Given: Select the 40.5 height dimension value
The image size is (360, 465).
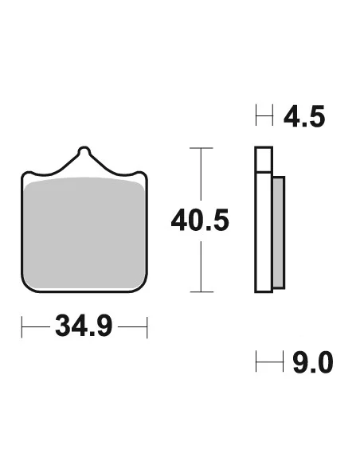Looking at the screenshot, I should coord(200,219).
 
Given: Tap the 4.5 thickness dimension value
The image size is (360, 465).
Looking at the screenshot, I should coord(304,118).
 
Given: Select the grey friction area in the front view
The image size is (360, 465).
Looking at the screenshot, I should coord(85,235).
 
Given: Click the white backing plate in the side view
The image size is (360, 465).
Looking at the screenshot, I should coord(264,223).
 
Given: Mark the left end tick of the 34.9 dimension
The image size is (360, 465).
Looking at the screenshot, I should coord(22,326).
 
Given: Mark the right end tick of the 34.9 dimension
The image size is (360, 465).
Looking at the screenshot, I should coord(147,326).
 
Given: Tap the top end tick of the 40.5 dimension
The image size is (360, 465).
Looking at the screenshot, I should coord(201,149).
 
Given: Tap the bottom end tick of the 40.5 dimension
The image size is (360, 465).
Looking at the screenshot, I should coord(201,291).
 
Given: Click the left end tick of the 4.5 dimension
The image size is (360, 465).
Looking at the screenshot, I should coord(256,118).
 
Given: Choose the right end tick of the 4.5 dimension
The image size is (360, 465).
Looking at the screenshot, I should coord(272,118).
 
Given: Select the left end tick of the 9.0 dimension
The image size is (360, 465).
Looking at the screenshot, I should coord(256,363).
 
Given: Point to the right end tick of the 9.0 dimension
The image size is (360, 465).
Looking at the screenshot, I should coord(284,363).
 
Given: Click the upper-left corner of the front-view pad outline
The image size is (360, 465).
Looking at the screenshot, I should coord(24,172).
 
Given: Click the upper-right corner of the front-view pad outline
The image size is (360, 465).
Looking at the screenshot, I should coord(147,172).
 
